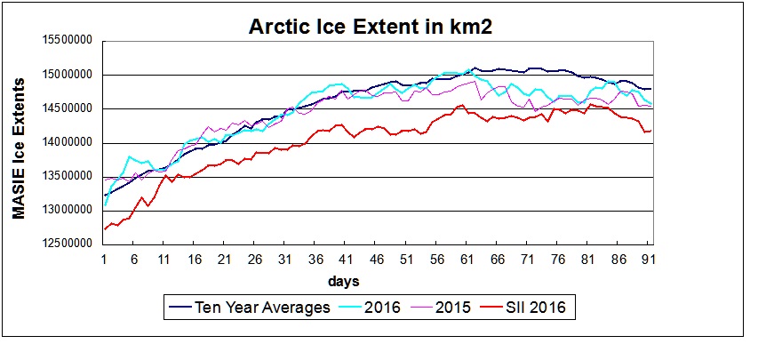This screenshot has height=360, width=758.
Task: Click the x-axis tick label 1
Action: pyautogui.click(x=105, y=260)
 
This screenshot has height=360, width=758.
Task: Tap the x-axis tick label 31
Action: pyautogui.click(x=286, y=260)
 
